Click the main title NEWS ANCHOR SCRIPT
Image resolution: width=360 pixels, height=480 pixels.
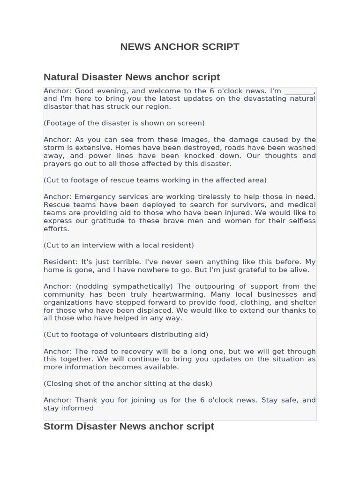click(180, 47)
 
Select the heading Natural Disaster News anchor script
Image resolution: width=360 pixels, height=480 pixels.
click(131, 77)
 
